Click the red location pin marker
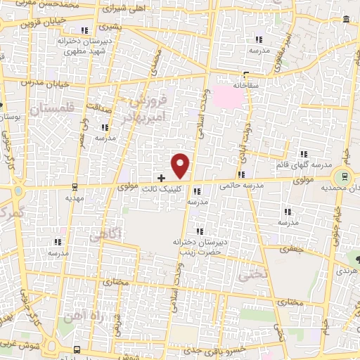tap(181, 165)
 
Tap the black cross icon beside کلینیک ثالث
tap(162, 179)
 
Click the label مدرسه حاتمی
tap(241, 186)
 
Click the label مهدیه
tap(75, 198)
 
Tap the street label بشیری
tap(111, 27)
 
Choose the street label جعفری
tap(289, 247)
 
